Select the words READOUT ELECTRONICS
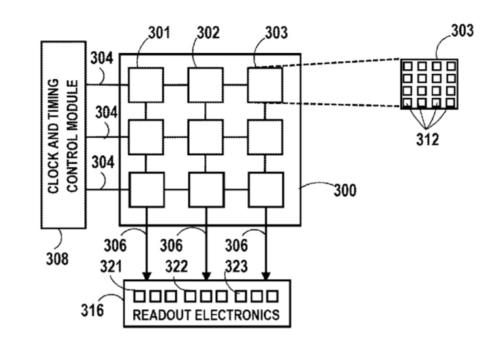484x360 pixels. (206, 315)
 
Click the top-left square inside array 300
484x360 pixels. (146, 84)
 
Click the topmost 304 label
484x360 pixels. (102, 59)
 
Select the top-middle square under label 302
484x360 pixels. (207, 84)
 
